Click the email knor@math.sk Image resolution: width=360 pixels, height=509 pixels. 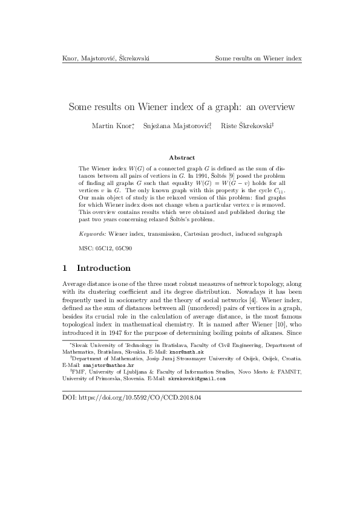point(186,351)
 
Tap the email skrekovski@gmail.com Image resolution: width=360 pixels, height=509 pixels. point(200,379)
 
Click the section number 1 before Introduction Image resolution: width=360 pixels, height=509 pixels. point(65,268)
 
